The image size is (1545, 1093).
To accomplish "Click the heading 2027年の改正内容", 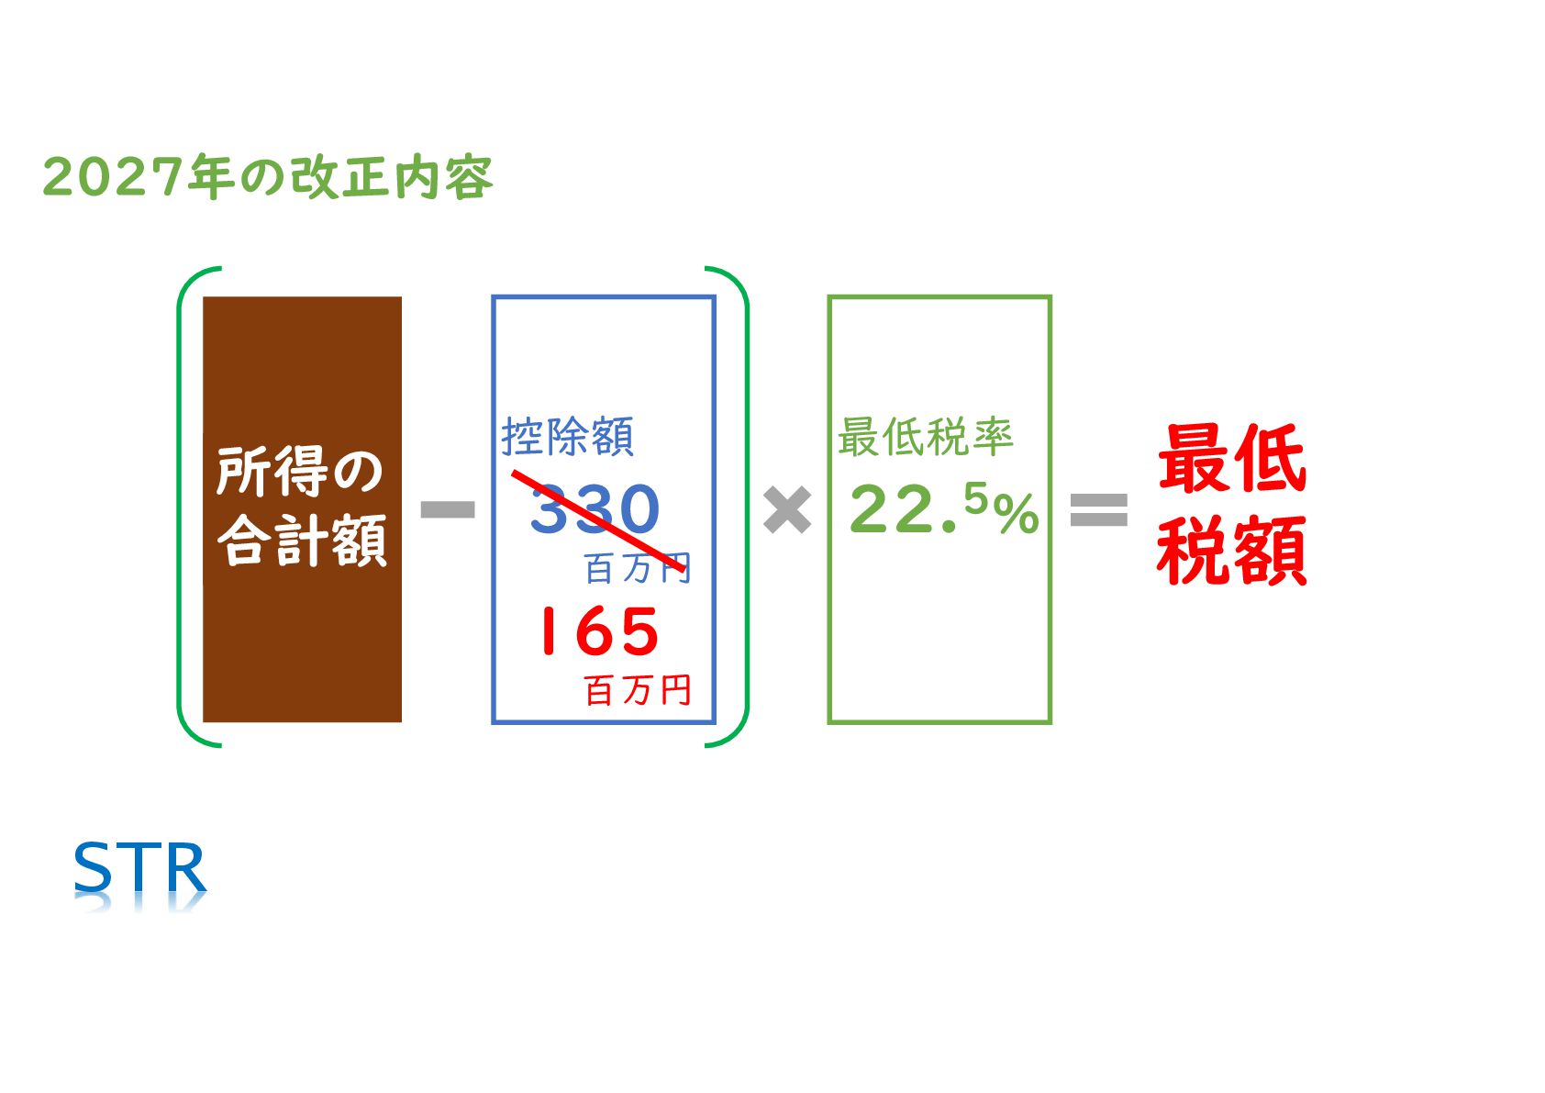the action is [x=267, y=176].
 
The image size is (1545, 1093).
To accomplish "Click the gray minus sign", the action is [x=447, y=510].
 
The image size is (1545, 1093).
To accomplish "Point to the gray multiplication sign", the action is [x=787, y=510].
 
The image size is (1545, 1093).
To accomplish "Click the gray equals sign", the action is [x=1098, y=510].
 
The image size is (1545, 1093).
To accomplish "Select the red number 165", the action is [x=597, y=631].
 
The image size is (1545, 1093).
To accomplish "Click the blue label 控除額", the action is [x=567, y=437].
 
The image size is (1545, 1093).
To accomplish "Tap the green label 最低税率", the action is [x=925, y=437].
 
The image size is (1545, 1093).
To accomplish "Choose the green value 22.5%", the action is [x=942, y=510].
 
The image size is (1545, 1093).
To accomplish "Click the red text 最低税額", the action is [x=1231, y=505].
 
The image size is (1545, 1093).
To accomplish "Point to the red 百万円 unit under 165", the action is [x=638, y=690].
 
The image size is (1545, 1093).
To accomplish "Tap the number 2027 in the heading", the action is [x=113, y=176].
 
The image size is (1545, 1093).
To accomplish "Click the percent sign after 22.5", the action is [x=1017, y=514].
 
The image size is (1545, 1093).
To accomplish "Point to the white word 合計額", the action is [x=302, y=541].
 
